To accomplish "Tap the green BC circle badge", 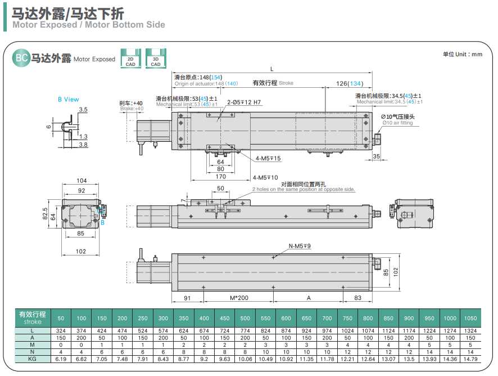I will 21,58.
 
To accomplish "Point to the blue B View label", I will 69,99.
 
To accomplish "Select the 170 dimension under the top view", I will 220,177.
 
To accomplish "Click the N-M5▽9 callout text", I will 300,246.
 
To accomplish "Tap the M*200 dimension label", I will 239,297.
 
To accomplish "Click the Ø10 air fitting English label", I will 397,123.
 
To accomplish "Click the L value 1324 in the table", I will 470,330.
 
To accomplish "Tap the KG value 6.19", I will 61,359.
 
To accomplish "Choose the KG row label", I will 33,359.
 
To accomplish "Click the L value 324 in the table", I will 61,330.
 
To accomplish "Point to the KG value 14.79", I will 470,359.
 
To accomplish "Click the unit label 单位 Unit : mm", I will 463,54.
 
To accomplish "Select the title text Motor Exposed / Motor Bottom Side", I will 89,24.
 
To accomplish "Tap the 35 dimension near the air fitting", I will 377,156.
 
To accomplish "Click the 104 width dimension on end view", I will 82,181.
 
